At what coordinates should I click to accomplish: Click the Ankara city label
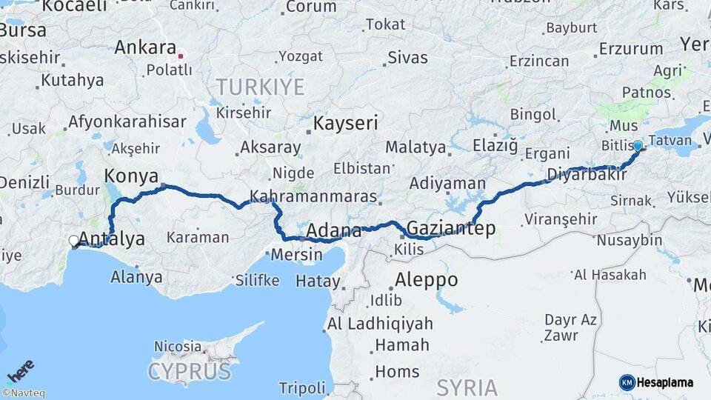pyautogui.click(x=145, y=47)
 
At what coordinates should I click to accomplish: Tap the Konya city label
pyautogui.click(x=131, y=176)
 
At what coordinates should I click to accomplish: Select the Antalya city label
pyautogui.click(x=111, y=239)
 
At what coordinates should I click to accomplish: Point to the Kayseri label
pyautogui.click(x=345, y=123)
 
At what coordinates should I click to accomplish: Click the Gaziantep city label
pyautogui.click(x=451, y=228)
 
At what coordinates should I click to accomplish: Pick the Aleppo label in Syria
pyautogui.click(x=426, y=281)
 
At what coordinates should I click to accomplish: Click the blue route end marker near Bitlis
pyautogui.click(x=638, y=146)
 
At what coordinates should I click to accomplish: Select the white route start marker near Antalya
pyautogui.click(x=74, y=241)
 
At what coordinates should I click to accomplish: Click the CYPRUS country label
pyautogui.click(x=189, y=370)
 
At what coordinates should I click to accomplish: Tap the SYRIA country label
pyautogui.click(x=467, y=387)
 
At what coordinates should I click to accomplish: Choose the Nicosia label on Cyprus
pyautogui.click(x=178, y=346)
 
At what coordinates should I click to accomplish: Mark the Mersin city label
pyautogui.click(x=296, y=256)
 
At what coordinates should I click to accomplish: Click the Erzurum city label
pyautogui.click(x=631, y=49)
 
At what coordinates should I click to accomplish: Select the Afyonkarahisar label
pyautogui.click(x=127, y=122)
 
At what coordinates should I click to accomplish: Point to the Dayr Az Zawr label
pyautogui.click(x=570, y=327)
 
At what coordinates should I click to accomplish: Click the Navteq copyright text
pyautogui.click(x=23, y=393)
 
